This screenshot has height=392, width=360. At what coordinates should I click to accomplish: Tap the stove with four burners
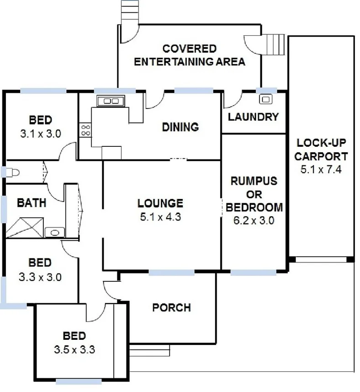pyautogui.click(x=85, y=129)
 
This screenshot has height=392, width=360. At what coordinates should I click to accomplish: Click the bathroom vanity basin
pyautogui.click(x=55, y=232)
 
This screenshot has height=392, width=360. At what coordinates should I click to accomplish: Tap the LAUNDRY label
pyautogui.click(x=253, y=117)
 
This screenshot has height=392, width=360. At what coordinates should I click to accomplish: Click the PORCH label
pyautogui.click(x=171, y=307)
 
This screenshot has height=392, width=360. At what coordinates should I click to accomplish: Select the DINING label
pyautogui.click(x=180, y=127)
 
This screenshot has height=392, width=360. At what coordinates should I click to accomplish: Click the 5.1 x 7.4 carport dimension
pyautogui.click(x=321, y=170)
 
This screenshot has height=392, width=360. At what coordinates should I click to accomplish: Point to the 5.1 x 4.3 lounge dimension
pyautogui.click(x=160, y=217)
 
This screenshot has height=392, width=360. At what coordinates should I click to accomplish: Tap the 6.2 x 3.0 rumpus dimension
pyautogui.click(x=254, y=220)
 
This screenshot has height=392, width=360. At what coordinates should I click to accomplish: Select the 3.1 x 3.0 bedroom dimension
pyautogui.click(x=40, y=134)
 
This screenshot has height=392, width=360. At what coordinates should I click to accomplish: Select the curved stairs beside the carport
pyautogui.click(x=273, y=45)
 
